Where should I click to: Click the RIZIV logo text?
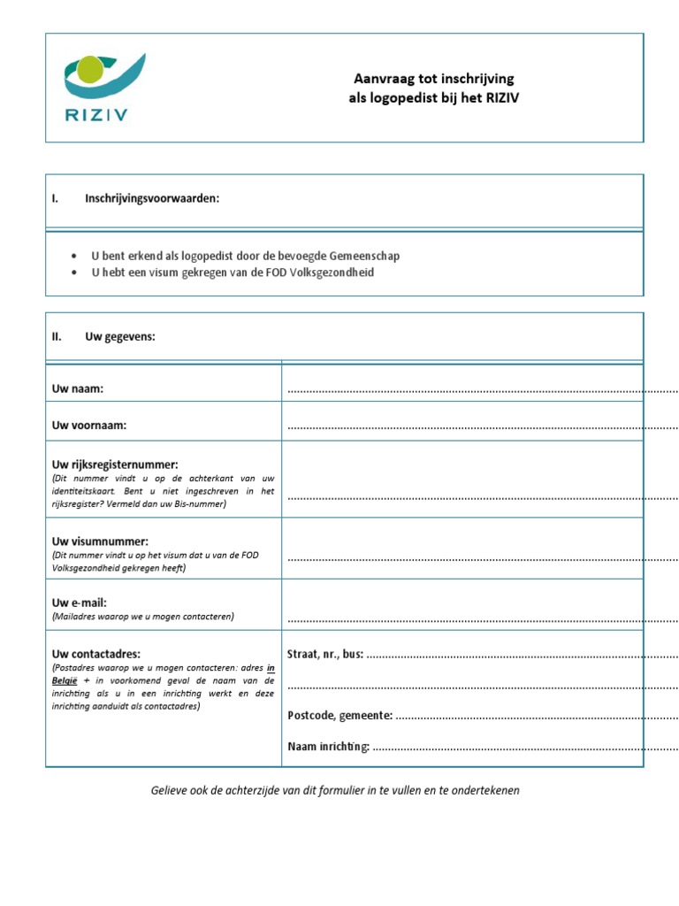tap(95, 115)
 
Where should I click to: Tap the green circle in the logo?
tap(91, 69)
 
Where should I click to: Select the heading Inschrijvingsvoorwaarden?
tap(151, 198)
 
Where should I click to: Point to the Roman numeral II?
tap(57, 336)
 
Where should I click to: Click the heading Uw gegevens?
tap(119, 336)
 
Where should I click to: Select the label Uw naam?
tap(79, 388)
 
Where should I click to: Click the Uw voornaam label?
tap(89, 426)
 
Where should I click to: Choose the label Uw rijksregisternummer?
tap(115, 464)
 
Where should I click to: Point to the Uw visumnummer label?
tap(100, 541)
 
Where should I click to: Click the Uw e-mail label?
tap(80, 603)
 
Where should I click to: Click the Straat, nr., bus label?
tap(325, 654)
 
